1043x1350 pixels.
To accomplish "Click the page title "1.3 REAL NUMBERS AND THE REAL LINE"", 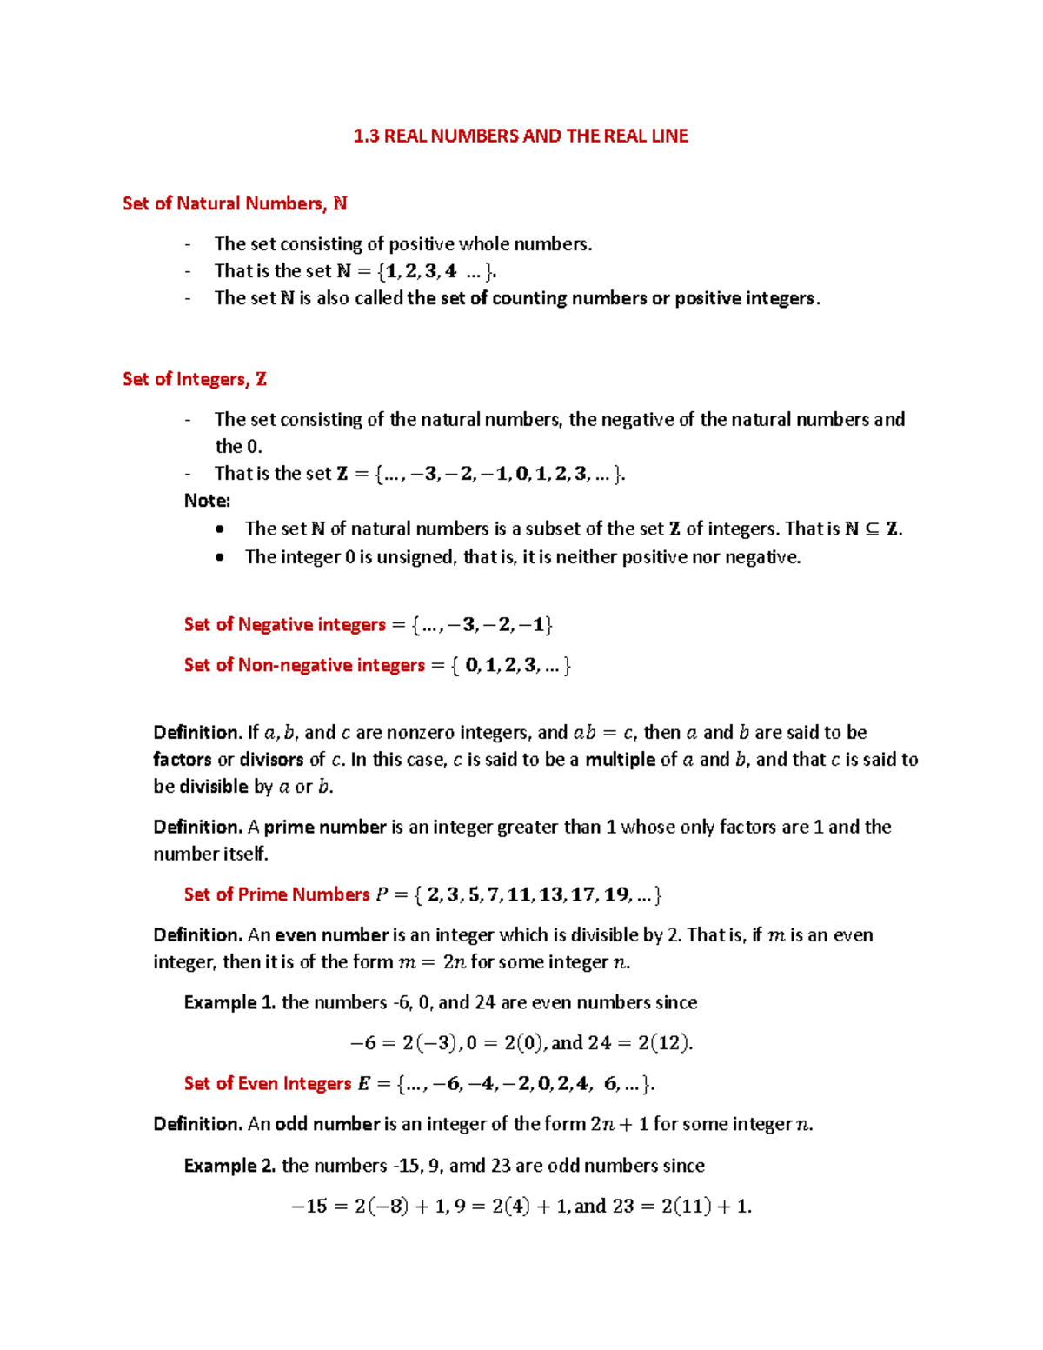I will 521,136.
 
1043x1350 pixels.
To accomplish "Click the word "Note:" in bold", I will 207,501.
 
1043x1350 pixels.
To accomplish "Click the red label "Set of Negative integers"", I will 284,624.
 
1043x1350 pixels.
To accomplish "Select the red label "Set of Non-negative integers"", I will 304,665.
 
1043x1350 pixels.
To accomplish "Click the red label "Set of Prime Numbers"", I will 276,894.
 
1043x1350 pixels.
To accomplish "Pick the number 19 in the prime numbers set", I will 616,894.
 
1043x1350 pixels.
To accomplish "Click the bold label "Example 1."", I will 229,1002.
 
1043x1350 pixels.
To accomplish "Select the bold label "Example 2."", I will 229,1165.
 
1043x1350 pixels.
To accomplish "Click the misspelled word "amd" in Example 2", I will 467,1165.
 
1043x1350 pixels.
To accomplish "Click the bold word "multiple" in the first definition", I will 620,759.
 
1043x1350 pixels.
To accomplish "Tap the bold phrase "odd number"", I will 328,1124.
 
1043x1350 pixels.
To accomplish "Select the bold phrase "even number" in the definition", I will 331,934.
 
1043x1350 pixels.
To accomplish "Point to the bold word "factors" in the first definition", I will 182,759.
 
